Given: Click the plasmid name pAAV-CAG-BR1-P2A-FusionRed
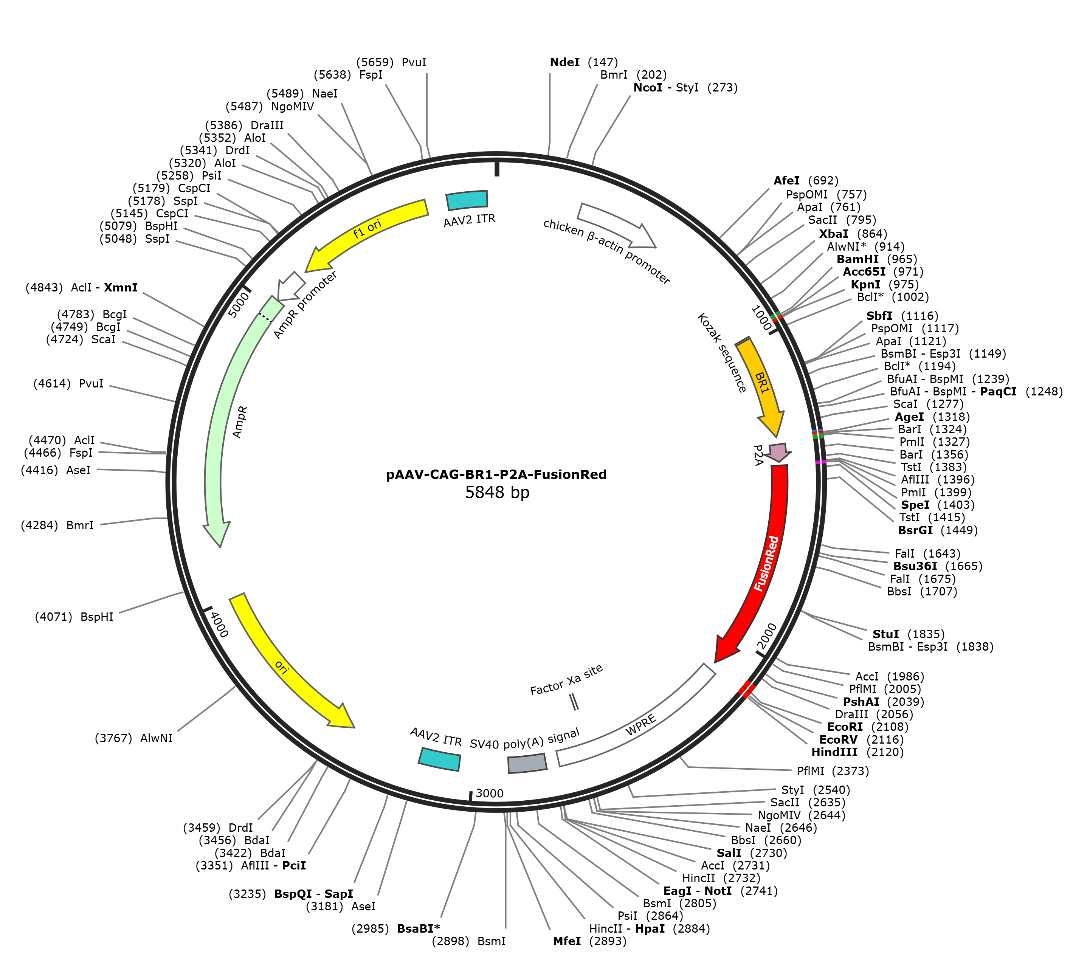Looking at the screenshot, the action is [x=496, y=474].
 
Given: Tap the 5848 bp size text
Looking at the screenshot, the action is [x=497, y=492].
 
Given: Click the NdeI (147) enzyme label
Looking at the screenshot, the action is [x=584, y=62].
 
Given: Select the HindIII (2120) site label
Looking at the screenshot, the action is [x=857, y=752].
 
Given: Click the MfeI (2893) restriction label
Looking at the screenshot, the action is [x=590, y=941].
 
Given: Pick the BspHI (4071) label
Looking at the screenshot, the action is [x=74, y=617].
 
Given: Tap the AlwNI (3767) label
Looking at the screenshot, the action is [x=134, y=738].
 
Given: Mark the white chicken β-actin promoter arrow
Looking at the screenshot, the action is [x=617, y=226].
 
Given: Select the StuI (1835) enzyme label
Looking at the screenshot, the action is [x=908, y=634].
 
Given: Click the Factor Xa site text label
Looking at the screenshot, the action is [x=566, y=680].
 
